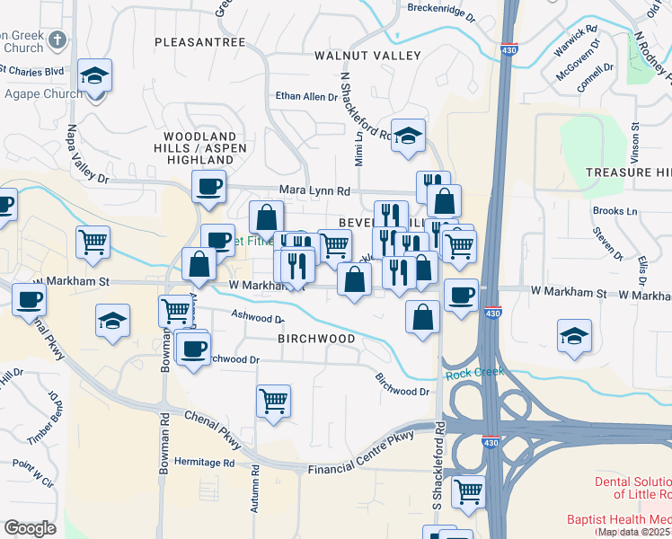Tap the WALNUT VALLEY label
[x=367, y=56]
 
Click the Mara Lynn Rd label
[x=314, y=190]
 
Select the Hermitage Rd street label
[x=205, y=463]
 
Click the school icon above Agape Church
[x=94, y=75]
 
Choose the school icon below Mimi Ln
[x=409, y=136]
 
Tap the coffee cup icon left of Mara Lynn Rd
[x=209, y=186]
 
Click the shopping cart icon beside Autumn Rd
[x=274, y=401]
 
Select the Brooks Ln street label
[x=615, y=211]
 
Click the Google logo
[x=30, y=528]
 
